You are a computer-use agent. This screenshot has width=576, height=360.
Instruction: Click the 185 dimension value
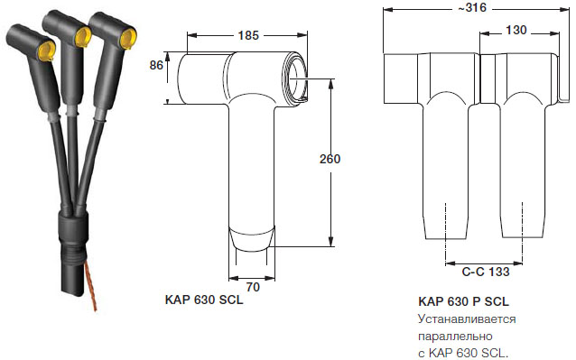coord(248,35)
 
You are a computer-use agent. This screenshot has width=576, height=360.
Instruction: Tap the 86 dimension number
coord(156,65)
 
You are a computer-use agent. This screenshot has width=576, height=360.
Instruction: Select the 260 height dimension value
coord(330,159)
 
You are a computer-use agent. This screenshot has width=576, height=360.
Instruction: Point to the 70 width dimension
coord(253,287)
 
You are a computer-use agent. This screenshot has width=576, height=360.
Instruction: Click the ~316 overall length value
coord(472,8)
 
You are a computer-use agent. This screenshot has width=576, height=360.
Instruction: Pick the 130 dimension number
coord(516,30)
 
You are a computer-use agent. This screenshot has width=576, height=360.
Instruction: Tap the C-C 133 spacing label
coord(486,272)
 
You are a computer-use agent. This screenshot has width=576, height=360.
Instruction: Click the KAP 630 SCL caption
coord(204,300)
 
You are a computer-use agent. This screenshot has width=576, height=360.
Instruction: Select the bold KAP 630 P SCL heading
coord(463,301)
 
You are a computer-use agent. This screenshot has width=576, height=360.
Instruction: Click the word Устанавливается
coord(467,319)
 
